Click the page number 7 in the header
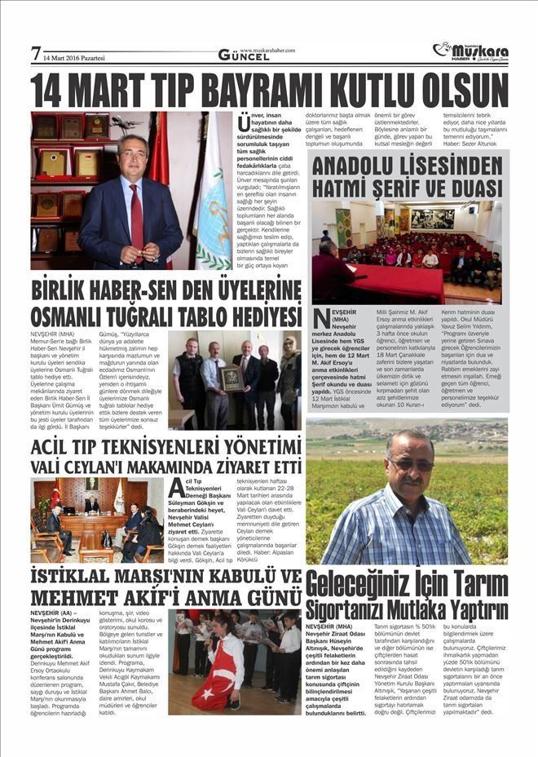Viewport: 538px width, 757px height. pos(36,54)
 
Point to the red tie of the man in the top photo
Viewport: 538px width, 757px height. pos(136,219)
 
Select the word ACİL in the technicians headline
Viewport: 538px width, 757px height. pos(55,447)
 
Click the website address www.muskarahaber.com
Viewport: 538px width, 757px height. pos(267,49)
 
